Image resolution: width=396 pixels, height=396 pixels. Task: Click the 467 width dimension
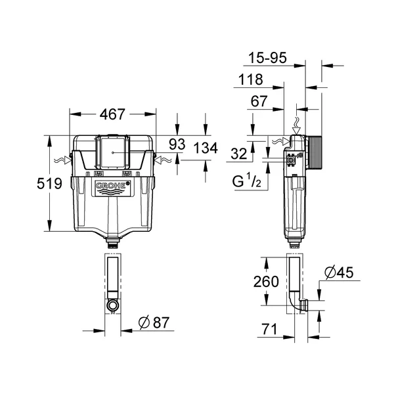[x=112, y=114]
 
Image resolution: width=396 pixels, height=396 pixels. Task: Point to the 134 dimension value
[x=206, y=148]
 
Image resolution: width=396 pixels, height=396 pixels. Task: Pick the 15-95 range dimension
[x=269, y=59]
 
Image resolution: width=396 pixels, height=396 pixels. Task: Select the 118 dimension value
[x=250, y=80]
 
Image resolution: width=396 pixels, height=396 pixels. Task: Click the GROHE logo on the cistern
[x=112, y=188]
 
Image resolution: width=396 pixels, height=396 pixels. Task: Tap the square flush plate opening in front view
[x=112, y=153]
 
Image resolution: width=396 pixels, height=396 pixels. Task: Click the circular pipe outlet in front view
[x=112, y=305]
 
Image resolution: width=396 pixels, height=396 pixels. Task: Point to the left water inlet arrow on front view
[x=64, y=160]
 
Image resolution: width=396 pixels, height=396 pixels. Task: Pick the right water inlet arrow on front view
[x=161, y=160]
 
